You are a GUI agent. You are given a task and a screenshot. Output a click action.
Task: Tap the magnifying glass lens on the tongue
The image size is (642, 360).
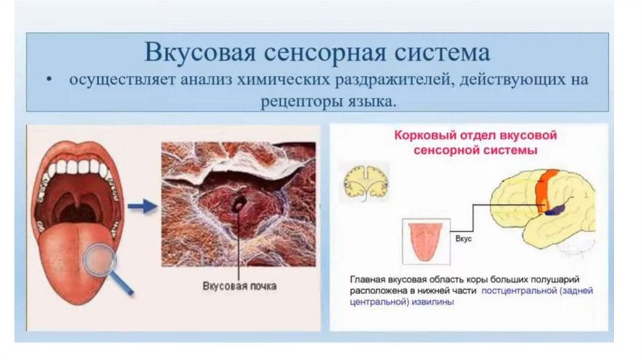pos(100,258)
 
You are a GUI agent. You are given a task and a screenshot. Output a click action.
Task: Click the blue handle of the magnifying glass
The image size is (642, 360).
pos(124,285)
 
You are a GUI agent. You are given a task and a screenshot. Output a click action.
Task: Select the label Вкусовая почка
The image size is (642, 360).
pos(239,285)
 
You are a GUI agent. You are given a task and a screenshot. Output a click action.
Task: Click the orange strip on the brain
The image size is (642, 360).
pos(544,185)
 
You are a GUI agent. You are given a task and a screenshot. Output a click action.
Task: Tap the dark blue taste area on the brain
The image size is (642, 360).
pos(555,209)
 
